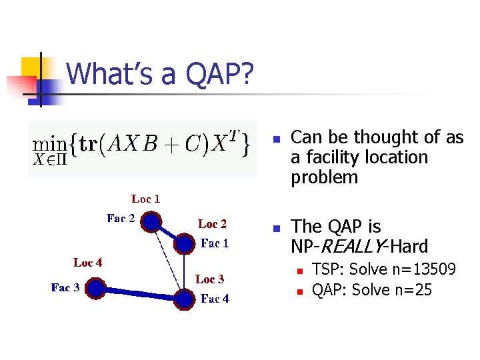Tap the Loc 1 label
(x=145, y=199)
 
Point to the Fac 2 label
(x=121, y=218)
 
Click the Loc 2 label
(x=212, y=223)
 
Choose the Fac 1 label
(x=215, y=243)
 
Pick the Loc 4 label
(x=87, y=263)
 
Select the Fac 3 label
(x=65, y=287)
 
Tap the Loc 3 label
(x=209, y=279)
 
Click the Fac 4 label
(x=215, y=299)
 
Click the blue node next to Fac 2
(x=152, y=221)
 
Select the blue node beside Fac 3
(x=96, y=288)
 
